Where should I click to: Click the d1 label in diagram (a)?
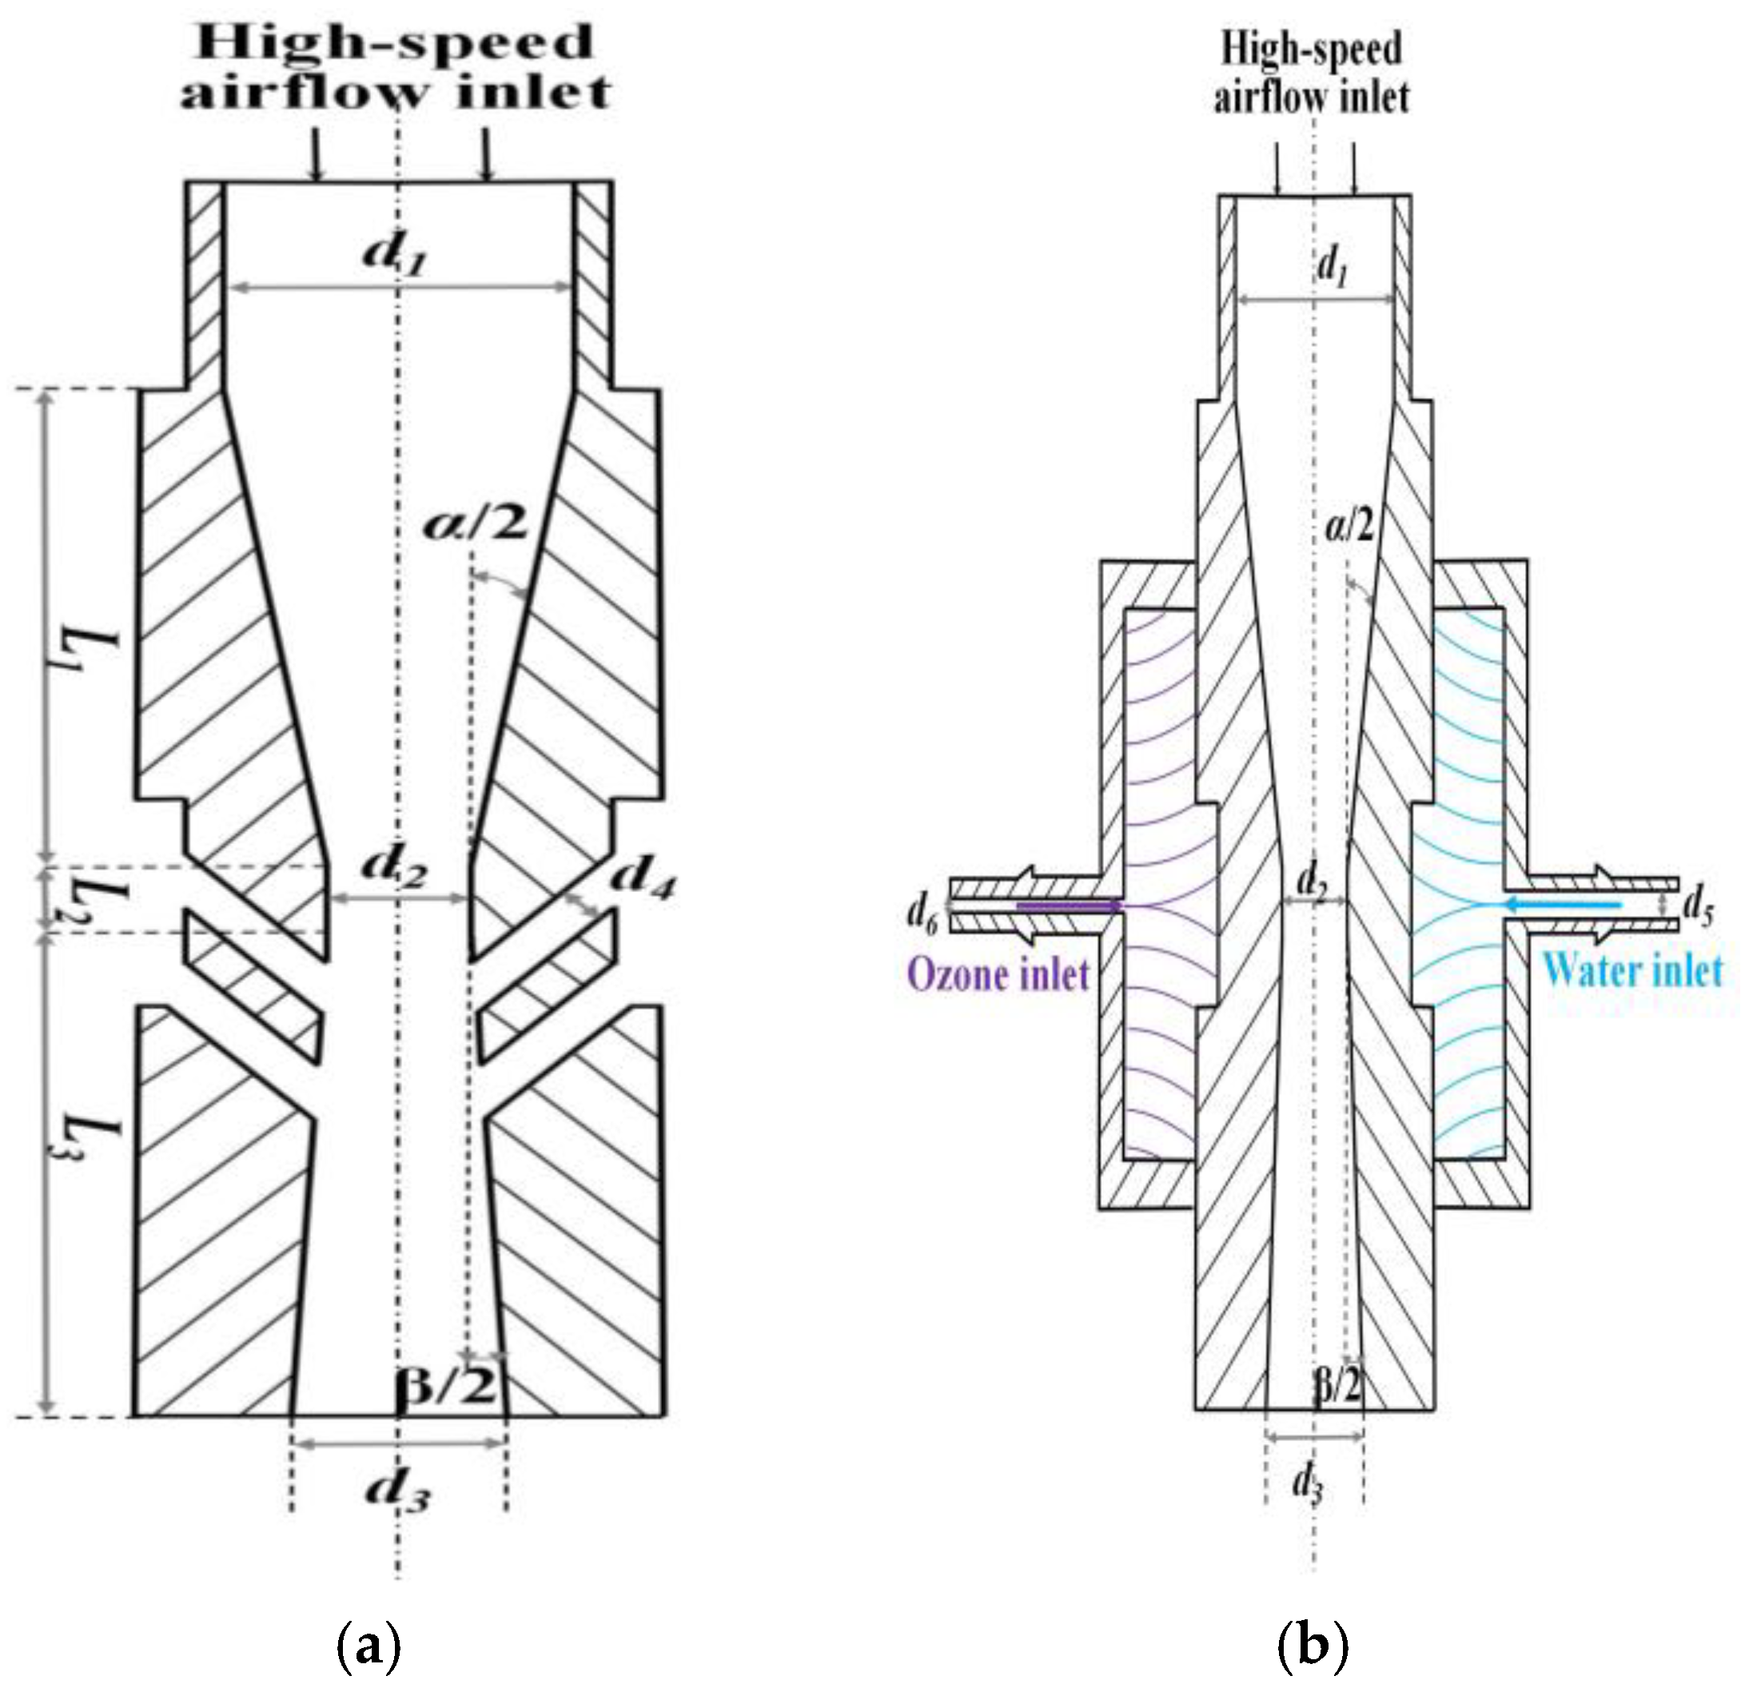tap(396, 255)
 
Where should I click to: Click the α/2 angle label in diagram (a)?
tap(475, 525)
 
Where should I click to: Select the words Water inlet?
tap(1631, 969)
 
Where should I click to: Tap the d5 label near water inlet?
tap(1699, 911)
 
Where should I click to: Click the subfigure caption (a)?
tap(369, 1645)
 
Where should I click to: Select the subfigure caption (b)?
tap(1313, 1645)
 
